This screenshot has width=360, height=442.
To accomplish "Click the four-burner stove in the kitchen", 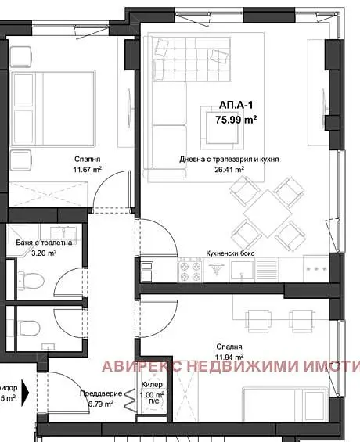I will (190, 271).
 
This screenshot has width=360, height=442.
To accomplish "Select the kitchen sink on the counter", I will (240, 271).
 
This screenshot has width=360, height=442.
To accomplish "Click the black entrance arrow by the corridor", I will (25, 389).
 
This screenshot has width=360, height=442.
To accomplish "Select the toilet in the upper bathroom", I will (29, 279).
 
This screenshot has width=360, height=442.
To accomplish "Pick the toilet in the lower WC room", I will (29, 326).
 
